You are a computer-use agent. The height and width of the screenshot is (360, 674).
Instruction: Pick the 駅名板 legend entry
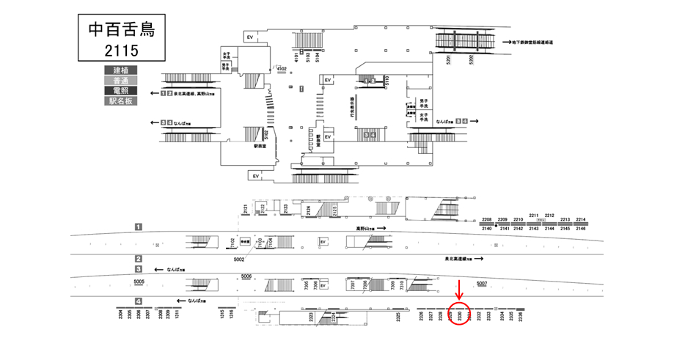[x=121, y=102]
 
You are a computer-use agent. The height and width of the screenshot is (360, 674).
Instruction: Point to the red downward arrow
[x=459, y=289]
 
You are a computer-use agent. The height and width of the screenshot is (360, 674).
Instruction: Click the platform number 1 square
[x=138, y=228]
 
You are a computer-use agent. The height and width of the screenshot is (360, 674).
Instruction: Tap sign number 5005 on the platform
[x=139, y=282]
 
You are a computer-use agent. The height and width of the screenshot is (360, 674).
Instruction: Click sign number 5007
[x=481, y=284]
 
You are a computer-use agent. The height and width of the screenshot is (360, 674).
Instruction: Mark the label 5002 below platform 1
[x=238, y=260]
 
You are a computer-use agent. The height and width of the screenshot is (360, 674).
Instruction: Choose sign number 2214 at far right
[x=581, y=220]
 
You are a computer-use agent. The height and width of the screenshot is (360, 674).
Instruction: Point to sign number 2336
[x=520, y=316]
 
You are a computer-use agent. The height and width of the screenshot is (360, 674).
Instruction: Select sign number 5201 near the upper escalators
[x=447, y=59]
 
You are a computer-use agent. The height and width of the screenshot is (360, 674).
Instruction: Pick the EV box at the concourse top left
[x=249, y=37]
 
